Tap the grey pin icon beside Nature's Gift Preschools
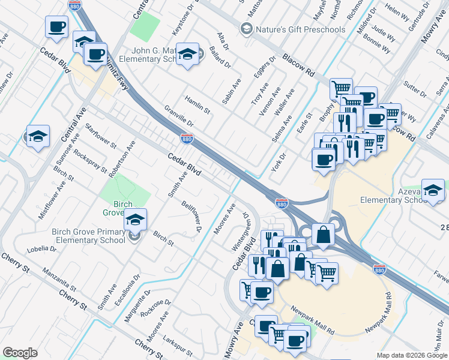[246, 29]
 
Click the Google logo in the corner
[20, 353]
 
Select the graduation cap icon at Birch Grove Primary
[136, 220]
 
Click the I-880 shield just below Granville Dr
[187, 139]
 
